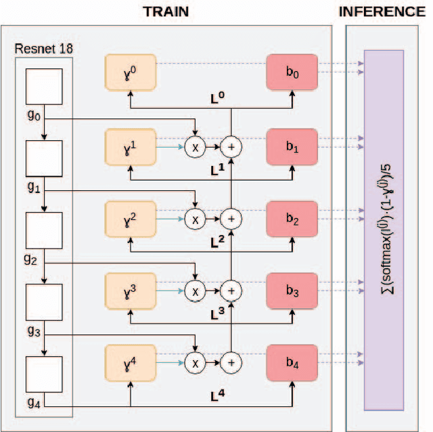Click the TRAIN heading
(x=166, y=12)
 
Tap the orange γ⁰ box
(x=131, y=71)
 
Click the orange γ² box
(x=131, y=217)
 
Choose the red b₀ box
(x=292, y=71)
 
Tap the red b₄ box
(x=292, y=362)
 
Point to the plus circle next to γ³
(x=232, y=290)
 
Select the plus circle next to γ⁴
(x=232, y=362)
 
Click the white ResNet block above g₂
(x=44, y=230)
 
